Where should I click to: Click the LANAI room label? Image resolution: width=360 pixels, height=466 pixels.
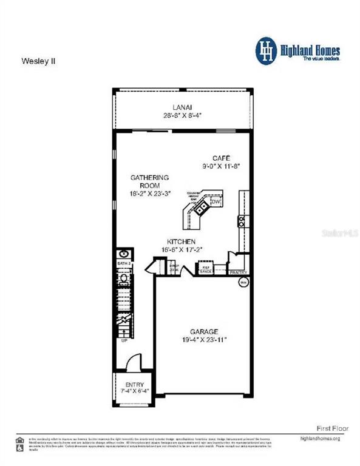click(x=182, y=107)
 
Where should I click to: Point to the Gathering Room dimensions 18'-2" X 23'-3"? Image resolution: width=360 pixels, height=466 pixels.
click(x=149, y=193)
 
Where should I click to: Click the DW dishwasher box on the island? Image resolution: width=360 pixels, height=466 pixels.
click(x=215, y=201)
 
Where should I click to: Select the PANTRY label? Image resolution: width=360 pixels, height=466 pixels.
click(x=238, y=272)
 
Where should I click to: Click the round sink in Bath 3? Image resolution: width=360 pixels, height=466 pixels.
click(x=124, y=254)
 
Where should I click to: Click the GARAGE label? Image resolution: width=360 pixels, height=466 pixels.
click(x=203, y=331)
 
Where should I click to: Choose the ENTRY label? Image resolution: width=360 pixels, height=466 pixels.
click(x=134, y=385)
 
